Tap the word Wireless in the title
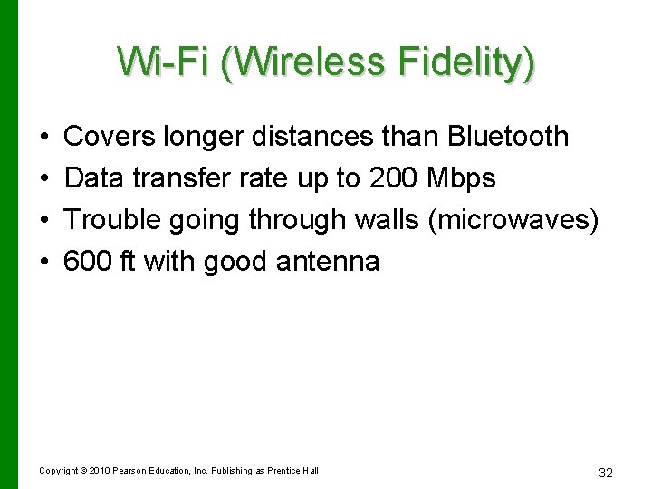[304, 62]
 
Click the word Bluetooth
[508, 137]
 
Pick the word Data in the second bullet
[93, 178]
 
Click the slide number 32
[606, 473]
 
